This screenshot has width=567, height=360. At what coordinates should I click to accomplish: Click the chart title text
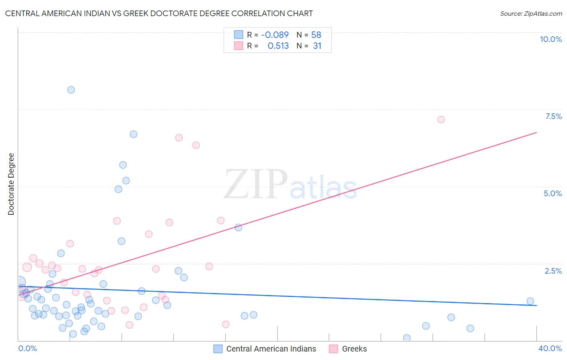(159, 13)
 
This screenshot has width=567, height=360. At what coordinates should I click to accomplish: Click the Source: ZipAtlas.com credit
(531, 13)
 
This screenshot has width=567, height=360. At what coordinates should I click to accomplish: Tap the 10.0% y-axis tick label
(550, 39)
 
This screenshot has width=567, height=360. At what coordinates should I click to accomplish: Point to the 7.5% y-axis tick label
(553, 116)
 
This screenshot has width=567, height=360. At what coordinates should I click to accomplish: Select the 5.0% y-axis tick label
(552, 193)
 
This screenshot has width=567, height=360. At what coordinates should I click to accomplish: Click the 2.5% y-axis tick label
(553, 271)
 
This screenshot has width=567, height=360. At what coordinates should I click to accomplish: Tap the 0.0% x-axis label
(27, 348)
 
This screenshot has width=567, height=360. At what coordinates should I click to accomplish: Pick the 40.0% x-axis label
(550, 348)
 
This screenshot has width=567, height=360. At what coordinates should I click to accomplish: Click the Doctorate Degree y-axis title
(11, 184)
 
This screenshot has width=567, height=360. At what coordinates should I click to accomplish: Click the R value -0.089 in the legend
(275, 35)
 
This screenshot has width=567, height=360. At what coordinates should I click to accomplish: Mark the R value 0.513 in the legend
(278, 46)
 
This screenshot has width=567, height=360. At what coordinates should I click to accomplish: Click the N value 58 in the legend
(316, 35)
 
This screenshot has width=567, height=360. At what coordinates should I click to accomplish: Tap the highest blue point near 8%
(71, 90)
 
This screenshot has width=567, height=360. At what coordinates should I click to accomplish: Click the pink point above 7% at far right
(441, 119)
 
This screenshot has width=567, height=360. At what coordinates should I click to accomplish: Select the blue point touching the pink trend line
(238, 228)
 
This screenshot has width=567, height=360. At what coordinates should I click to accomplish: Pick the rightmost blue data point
(530, 301)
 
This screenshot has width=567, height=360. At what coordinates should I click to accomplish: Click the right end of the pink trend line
(536, 132)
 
